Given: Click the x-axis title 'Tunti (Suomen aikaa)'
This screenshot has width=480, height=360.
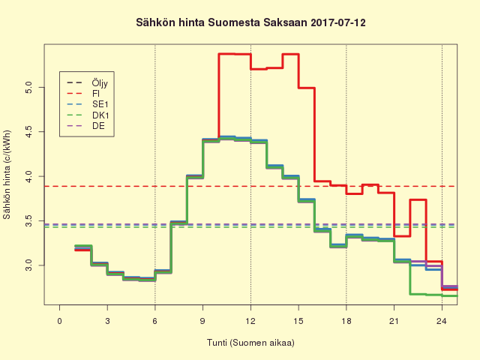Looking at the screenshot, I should pos(250,343).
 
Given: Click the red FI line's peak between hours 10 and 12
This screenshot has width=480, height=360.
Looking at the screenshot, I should pos(234,54).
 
